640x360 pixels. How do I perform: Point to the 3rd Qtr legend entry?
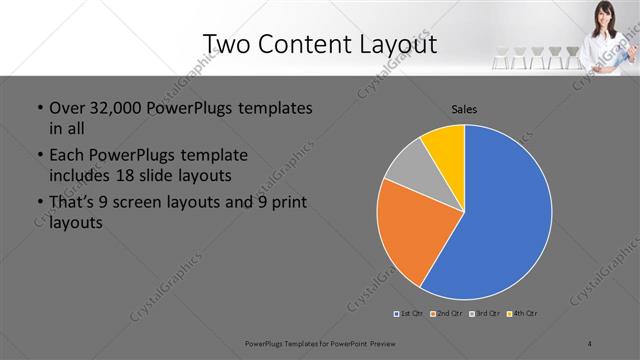coord(485,314)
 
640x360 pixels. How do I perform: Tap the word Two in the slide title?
coord(225,43)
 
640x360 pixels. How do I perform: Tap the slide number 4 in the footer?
coord(590,343)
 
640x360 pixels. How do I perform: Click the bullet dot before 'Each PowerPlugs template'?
coord(39,155)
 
